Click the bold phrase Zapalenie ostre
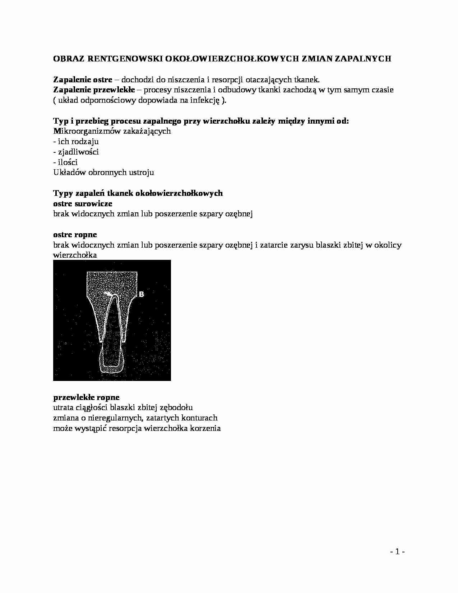tap(83, 79)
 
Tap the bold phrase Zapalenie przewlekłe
tap(94, 90)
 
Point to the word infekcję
tap(205, 100)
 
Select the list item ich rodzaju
tap(76, 142)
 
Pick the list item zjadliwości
tap(76, 152)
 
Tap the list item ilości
tap(65, 162)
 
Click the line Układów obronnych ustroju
tap(103, 173)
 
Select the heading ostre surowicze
tap(83, 204)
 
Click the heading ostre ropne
tap(75, 235)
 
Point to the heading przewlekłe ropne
tap(86, 397)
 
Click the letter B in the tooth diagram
tap(142, 294)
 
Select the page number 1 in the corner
tap(397, 552)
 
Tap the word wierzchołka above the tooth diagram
tap(75, 256)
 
